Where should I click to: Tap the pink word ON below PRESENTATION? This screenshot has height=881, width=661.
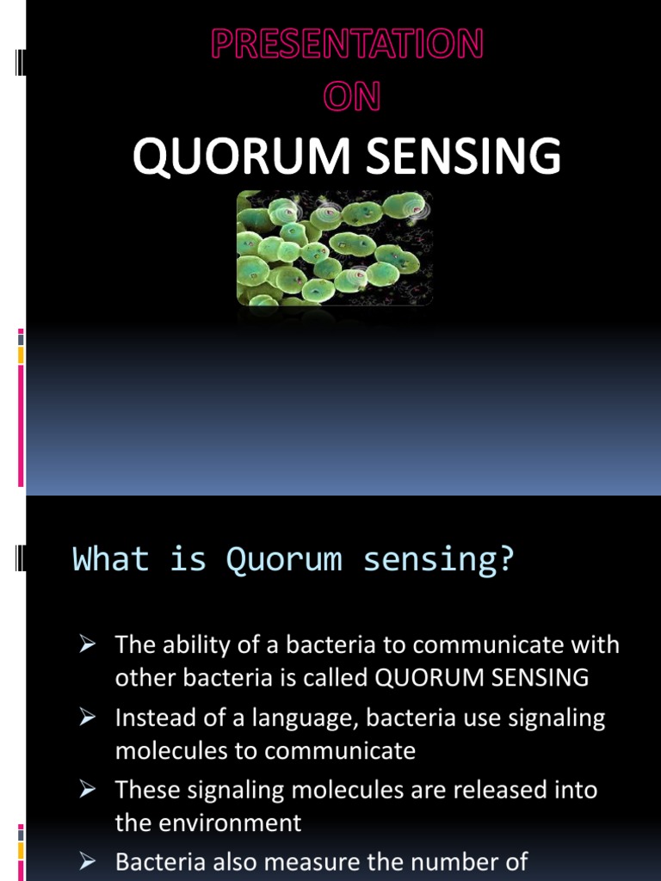click(350, 97)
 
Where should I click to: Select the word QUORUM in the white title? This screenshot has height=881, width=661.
click(228, 157)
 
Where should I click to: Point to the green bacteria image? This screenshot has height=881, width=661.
click(334, 248)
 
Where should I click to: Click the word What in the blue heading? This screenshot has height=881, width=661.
click(111, 559)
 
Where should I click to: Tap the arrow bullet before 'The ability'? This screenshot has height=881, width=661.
click(87, 644)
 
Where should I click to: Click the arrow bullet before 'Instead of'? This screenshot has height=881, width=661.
click(87, 718)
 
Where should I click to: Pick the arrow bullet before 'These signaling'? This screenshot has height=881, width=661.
click(87, 790)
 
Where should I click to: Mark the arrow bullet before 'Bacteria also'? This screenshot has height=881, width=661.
click(87, 862)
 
